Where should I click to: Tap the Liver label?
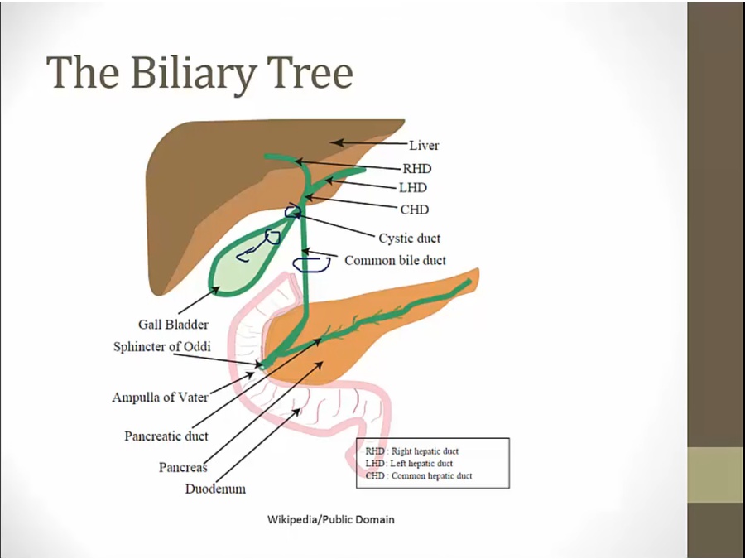pos(424,146)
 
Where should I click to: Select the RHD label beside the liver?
pos(416,169)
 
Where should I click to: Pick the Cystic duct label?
pos(409,239)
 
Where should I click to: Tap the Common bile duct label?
pos(395,261)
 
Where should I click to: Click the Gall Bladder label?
pos(173,325)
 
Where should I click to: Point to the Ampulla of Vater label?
pos(160,398)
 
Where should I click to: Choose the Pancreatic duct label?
pos(166,436)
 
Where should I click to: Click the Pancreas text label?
pos(182,467)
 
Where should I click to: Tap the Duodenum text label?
pos(215,489)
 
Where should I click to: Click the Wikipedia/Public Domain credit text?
pos(330,520)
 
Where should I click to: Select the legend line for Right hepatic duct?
pos(411,451)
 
